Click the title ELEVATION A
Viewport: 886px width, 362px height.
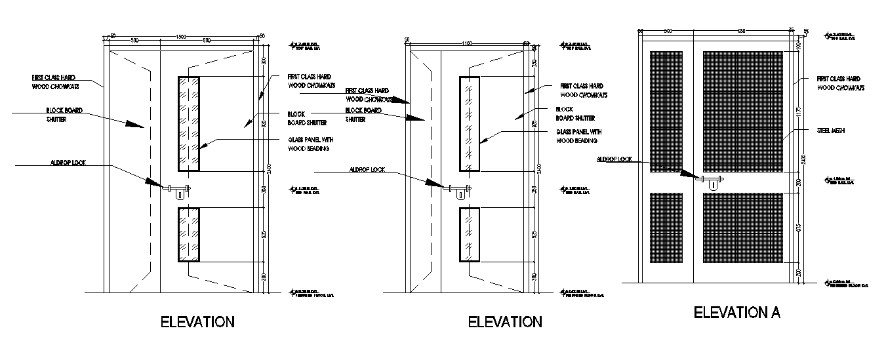pos(737,312)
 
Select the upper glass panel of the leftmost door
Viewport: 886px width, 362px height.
pos(188,124)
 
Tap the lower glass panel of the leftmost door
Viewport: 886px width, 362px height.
pos(188,235)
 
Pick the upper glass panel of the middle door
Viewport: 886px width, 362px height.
pos(470,124)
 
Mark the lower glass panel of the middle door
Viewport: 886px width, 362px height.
pos(470,235)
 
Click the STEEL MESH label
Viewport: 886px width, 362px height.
pos(831,131)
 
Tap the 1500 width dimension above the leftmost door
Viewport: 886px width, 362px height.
pos(181,37)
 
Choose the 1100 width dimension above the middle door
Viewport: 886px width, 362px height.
pos(466,43)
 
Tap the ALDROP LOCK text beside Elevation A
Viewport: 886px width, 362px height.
pos(614,159)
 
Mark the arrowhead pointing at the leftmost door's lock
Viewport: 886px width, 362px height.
pos(152,182)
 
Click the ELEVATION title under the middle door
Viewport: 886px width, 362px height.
pos(504,322)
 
